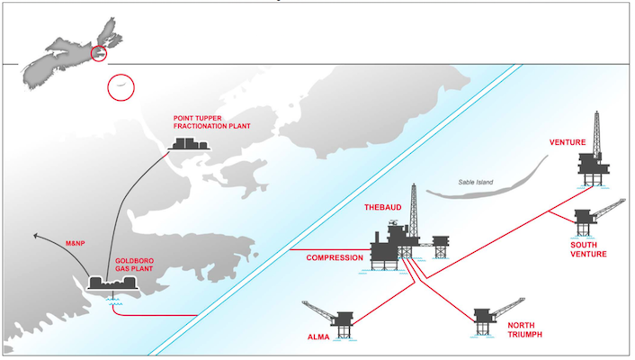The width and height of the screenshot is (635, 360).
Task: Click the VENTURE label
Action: coord(568,142)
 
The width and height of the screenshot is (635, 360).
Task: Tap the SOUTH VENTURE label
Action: coord(588,248)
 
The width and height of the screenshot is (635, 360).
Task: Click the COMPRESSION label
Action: coord(335,258)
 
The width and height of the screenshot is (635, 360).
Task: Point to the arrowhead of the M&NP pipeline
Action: coord(34,236)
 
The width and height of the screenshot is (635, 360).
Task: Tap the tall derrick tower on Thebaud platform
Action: coord(414,211)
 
